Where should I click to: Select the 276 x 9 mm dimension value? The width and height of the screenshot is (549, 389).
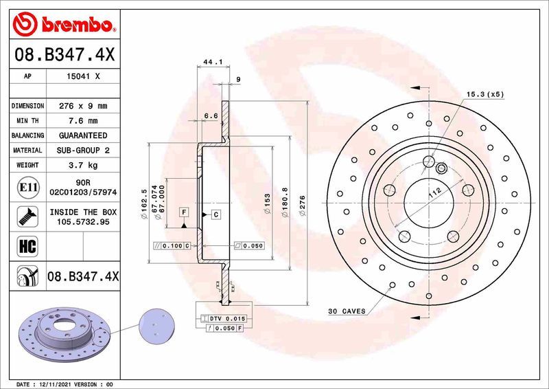click(x=83, y=107)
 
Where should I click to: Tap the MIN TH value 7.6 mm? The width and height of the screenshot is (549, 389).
click(x=83, y=121)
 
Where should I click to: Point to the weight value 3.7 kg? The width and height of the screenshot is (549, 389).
click(x=83, y=165)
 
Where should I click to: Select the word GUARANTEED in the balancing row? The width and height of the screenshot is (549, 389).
click(x=83, y=135)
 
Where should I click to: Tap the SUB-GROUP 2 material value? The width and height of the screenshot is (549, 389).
click(x=83, y=150)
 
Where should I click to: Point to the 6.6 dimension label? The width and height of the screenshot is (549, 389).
click(x=211, y=116)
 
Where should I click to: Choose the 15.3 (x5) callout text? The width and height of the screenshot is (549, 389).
click(x=485, y=93)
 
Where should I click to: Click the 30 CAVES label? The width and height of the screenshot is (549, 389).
click(x=347, y=311)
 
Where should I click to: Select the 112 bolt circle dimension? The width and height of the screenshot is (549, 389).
click(x=434, y=194)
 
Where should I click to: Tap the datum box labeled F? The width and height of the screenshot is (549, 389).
click(x=185, y=212)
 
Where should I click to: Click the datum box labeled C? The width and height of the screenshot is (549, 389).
click(x=215, y=215)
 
